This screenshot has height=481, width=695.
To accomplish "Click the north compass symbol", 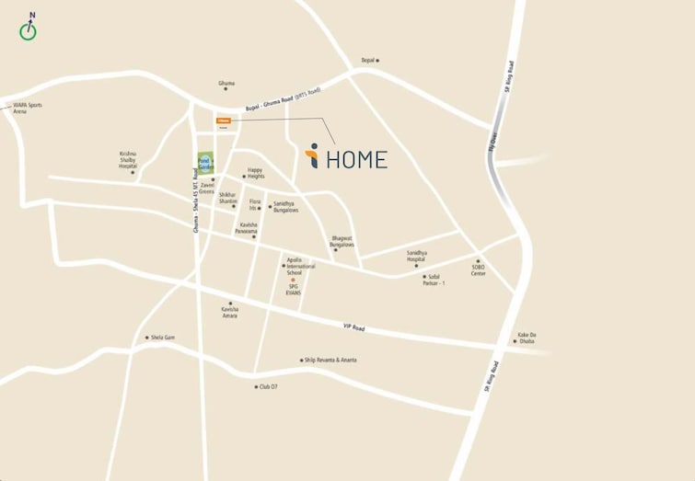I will click(x=29, y=30).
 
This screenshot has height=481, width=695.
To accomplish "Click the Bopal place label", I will click(x=368, y=60).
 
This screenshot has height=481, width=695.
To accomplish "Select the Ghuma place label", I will click(x=226, y=84).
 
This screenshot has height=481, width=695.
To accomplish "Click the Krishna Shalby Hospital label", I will click(x=128, y=160).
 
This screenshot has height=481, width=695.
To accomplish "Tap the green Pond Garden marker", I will click(x=204, y=159).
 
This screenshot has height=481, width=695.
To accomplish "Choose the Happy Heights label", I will click(x=255, y=173).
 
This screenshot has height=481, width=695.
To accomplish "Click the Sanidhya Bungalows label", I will click(x=285, y=207).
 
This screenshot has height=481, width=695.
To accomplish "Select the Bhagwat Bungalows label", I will click(x=342, y=241).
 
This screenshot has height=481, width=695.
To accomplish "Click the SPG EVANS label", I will click(x=293, y=289).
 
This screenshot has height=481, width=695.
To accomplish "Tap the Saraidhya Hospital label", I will click(x=423, y=257).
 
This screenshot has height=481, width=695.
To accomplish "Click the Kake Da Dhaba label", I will click(x=527, y=338).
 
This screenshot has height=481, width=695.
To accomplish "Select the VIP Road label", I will click(x=353, y=328).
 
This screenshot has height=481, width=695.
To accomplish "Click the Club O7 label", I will click(x=268, y=387).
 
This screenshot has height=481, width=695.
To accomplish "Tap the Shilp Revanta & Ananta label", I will click(x=330, y=361).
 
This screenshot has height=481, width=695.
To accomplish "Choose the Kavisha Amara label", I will click(x=230, y=313).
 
